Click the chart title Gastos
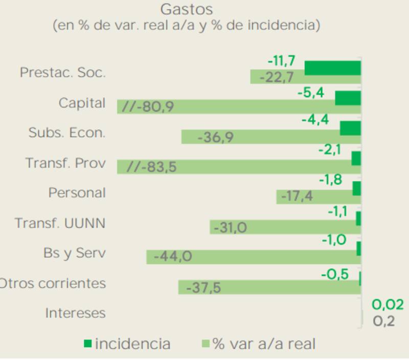pos(186,9)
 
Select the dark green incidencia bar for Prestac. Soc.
pos(332,67)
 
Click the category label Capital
pos(82,103)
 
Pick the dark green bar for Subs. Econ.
pos(350,128)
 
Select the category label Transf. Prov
pos(65,163)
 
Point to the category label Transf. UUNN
pos(60,223)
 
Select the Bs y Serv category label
pos(75,253)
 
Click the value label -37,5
pos(203,288)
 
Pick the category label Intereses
pos(75,313)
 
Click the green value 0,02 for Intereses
pos(388,305)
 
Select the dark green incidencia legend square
pos(87,343)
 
